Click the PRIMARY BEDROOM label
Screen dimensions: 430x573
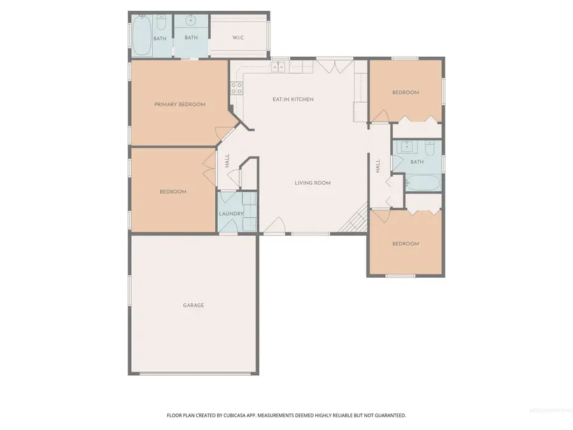[x=180, y=104]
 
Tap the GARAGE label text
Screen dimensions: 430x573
[x=194, y=305]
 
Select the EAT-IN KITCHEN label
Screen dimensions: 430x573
[x=293, y=99]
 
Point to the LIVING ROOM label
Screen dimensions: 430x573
[x=313, y=183]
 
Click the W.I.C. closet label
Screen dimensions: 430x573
[x=239, y=38]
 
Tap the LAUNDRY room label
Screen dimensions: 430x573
[x=231, y=213]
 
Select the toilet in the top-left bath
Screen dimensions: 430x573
[x=161, y=24]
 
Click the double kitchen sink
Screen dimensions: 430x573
[x=278, y=66]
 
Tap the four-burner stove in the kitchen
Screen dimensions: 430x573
[x=236, y=88]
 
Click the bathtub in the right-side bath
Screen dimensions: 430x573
[x=422, y=184]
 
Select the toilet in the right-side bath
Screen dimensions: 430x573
[x=429, y=148]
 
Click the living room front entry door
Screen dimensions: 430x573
[x=274, y=226]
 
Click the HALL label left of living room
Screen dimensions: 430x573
[x=227, y=162]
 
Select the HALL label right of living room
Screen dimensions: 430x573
[x=378, y=166]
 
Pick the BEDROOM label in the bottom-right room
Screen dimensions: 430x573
[x=406, y=244]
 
